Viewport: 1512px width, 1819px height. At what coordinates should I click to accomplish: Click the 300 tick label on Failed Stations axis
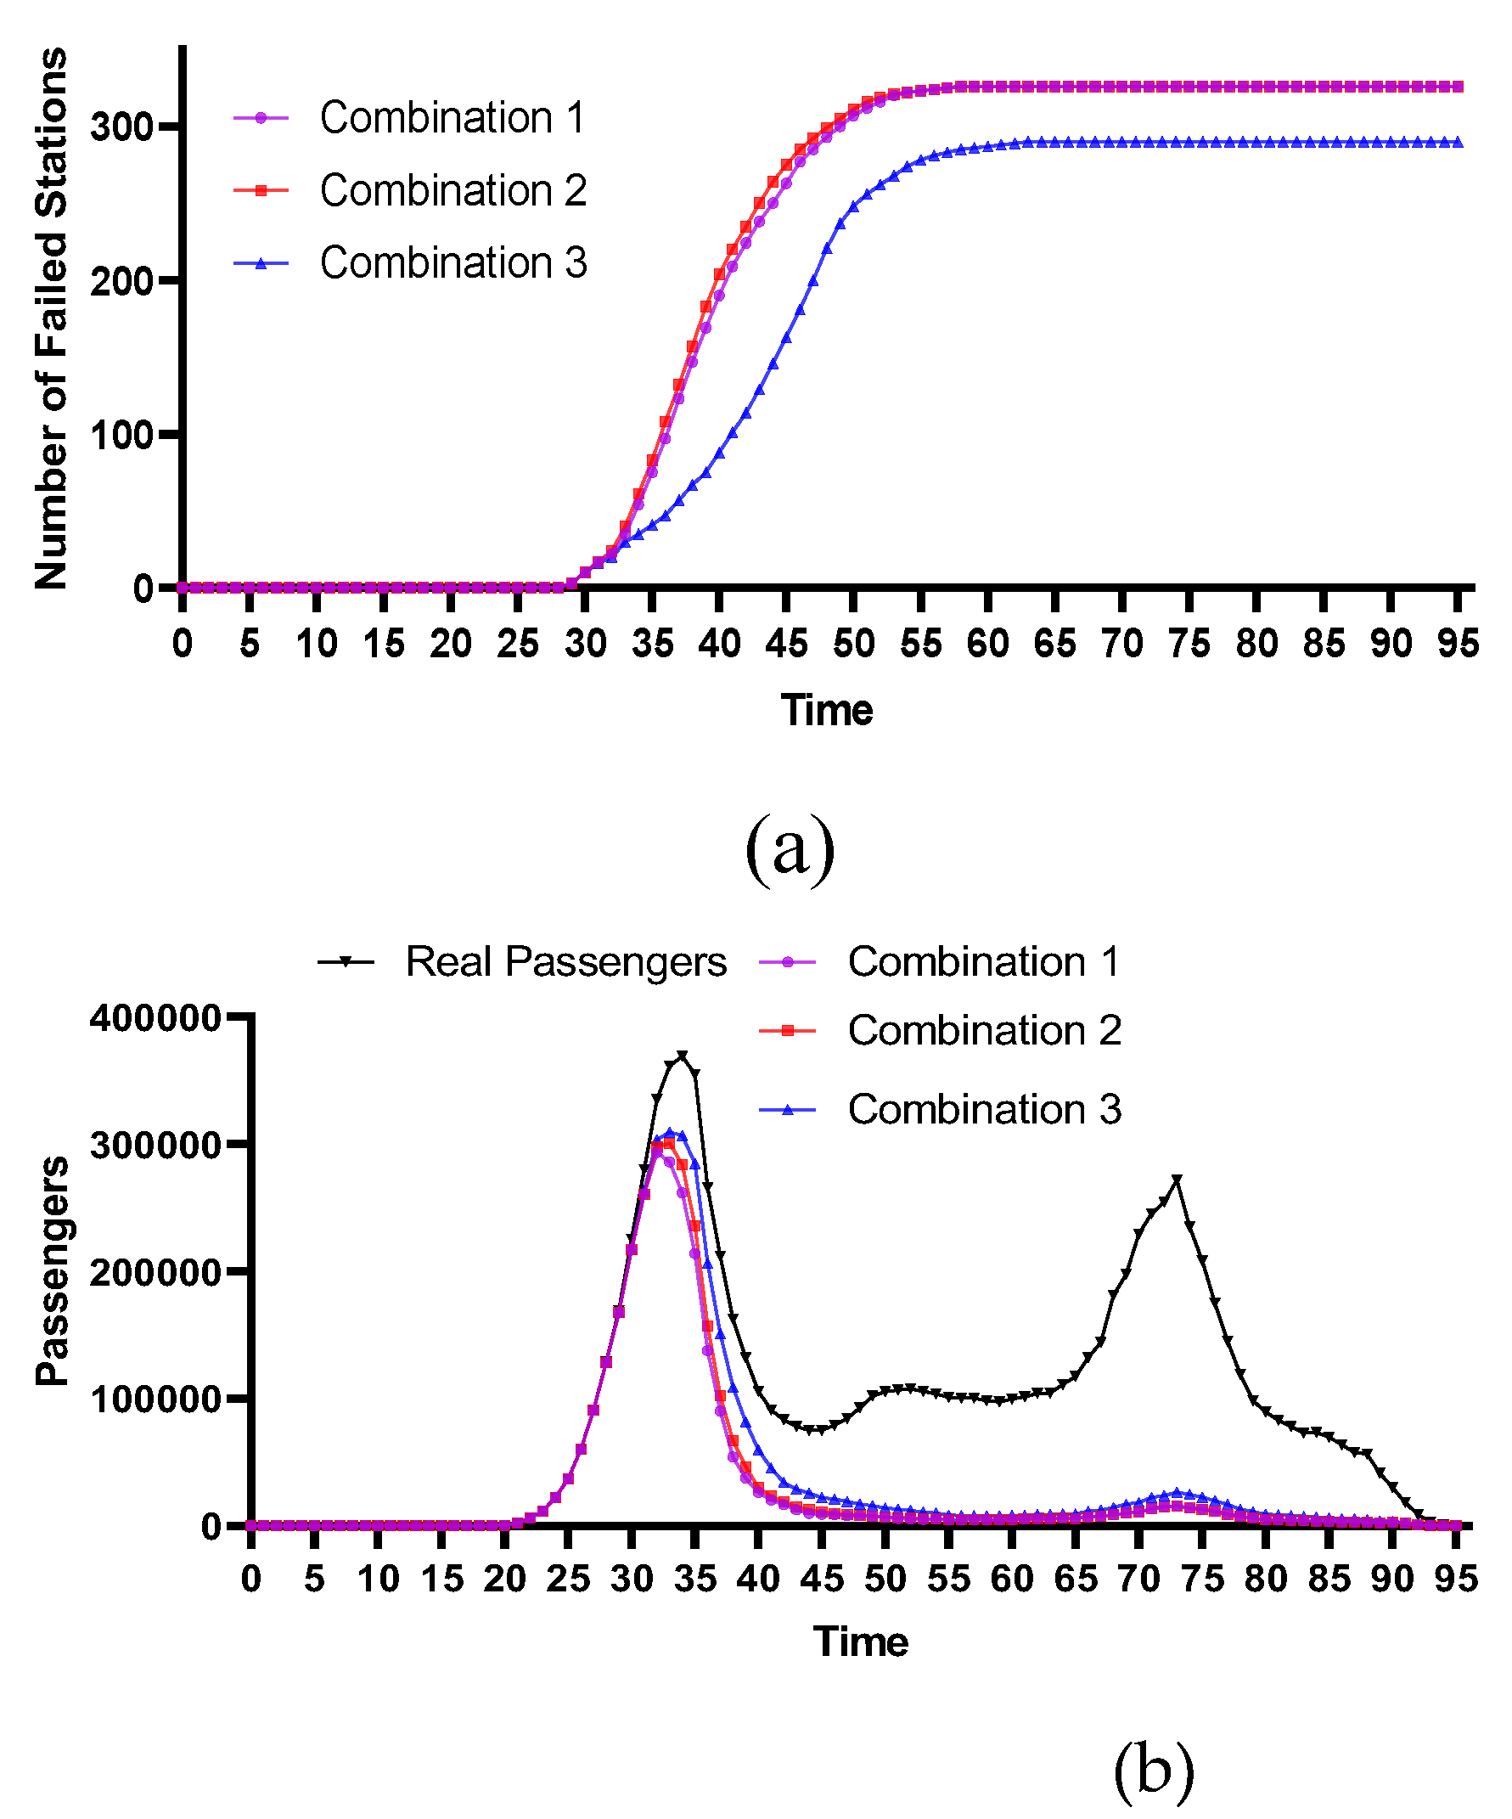coord(121,127)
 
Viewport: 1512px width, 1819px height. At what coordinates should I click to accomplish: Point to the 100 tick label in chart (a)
coord(121,435)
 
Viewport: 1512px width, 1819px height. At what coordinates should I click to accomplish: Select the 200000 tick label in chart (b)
coord(156,1272)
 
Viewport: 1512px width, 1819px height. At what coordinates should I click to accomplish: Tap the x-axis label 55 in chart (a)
coord(920,644)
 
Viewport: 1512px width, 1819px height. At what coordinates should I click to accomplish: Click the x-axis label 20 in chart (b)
coord(504,1579)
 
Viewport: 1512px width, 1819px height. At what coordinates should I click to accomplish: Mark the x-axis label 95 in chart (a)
coord(1459,644)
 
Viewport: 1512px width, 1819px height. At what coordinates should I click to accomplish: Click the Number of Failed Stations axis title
coord(52,318)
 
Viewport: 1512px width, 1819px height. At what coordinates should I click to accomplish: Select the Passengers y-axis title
coord(52,1270)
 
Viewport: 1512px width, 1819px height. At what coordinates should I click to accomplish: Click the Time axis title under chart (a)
coord(827,710)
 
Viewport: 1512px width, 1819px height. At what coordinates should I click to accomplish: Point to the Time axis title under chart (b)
coord(860,1642)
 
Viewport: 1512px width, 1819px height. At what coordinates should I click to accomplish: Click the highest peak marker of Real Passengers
coord(683,1055)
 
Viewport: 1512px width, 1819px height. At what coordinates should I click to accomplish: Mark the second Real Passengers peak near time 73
coord(1176,1179)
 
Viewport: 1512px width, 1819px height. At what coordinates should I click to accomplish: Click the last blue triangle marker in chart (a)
coord(1459,143)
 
